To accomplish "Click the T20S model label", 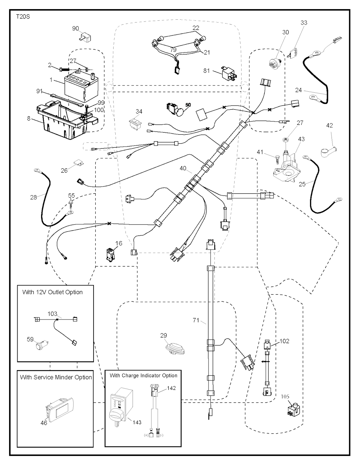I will coord(23,17).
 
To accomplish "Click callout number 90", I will coord(76,28).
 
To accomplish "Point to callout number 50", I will coord(188,105).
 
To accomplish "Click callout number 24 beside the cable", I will coord(298,90).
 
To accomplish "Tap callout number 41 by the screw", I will coord(260,152).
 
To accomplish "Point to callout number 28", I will coord(33,198).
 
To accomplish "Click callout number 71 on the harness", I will coord(196,320).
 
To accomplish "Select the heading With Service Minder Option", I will coord(56,378).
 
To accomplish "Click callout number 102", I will coord(284,341).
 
